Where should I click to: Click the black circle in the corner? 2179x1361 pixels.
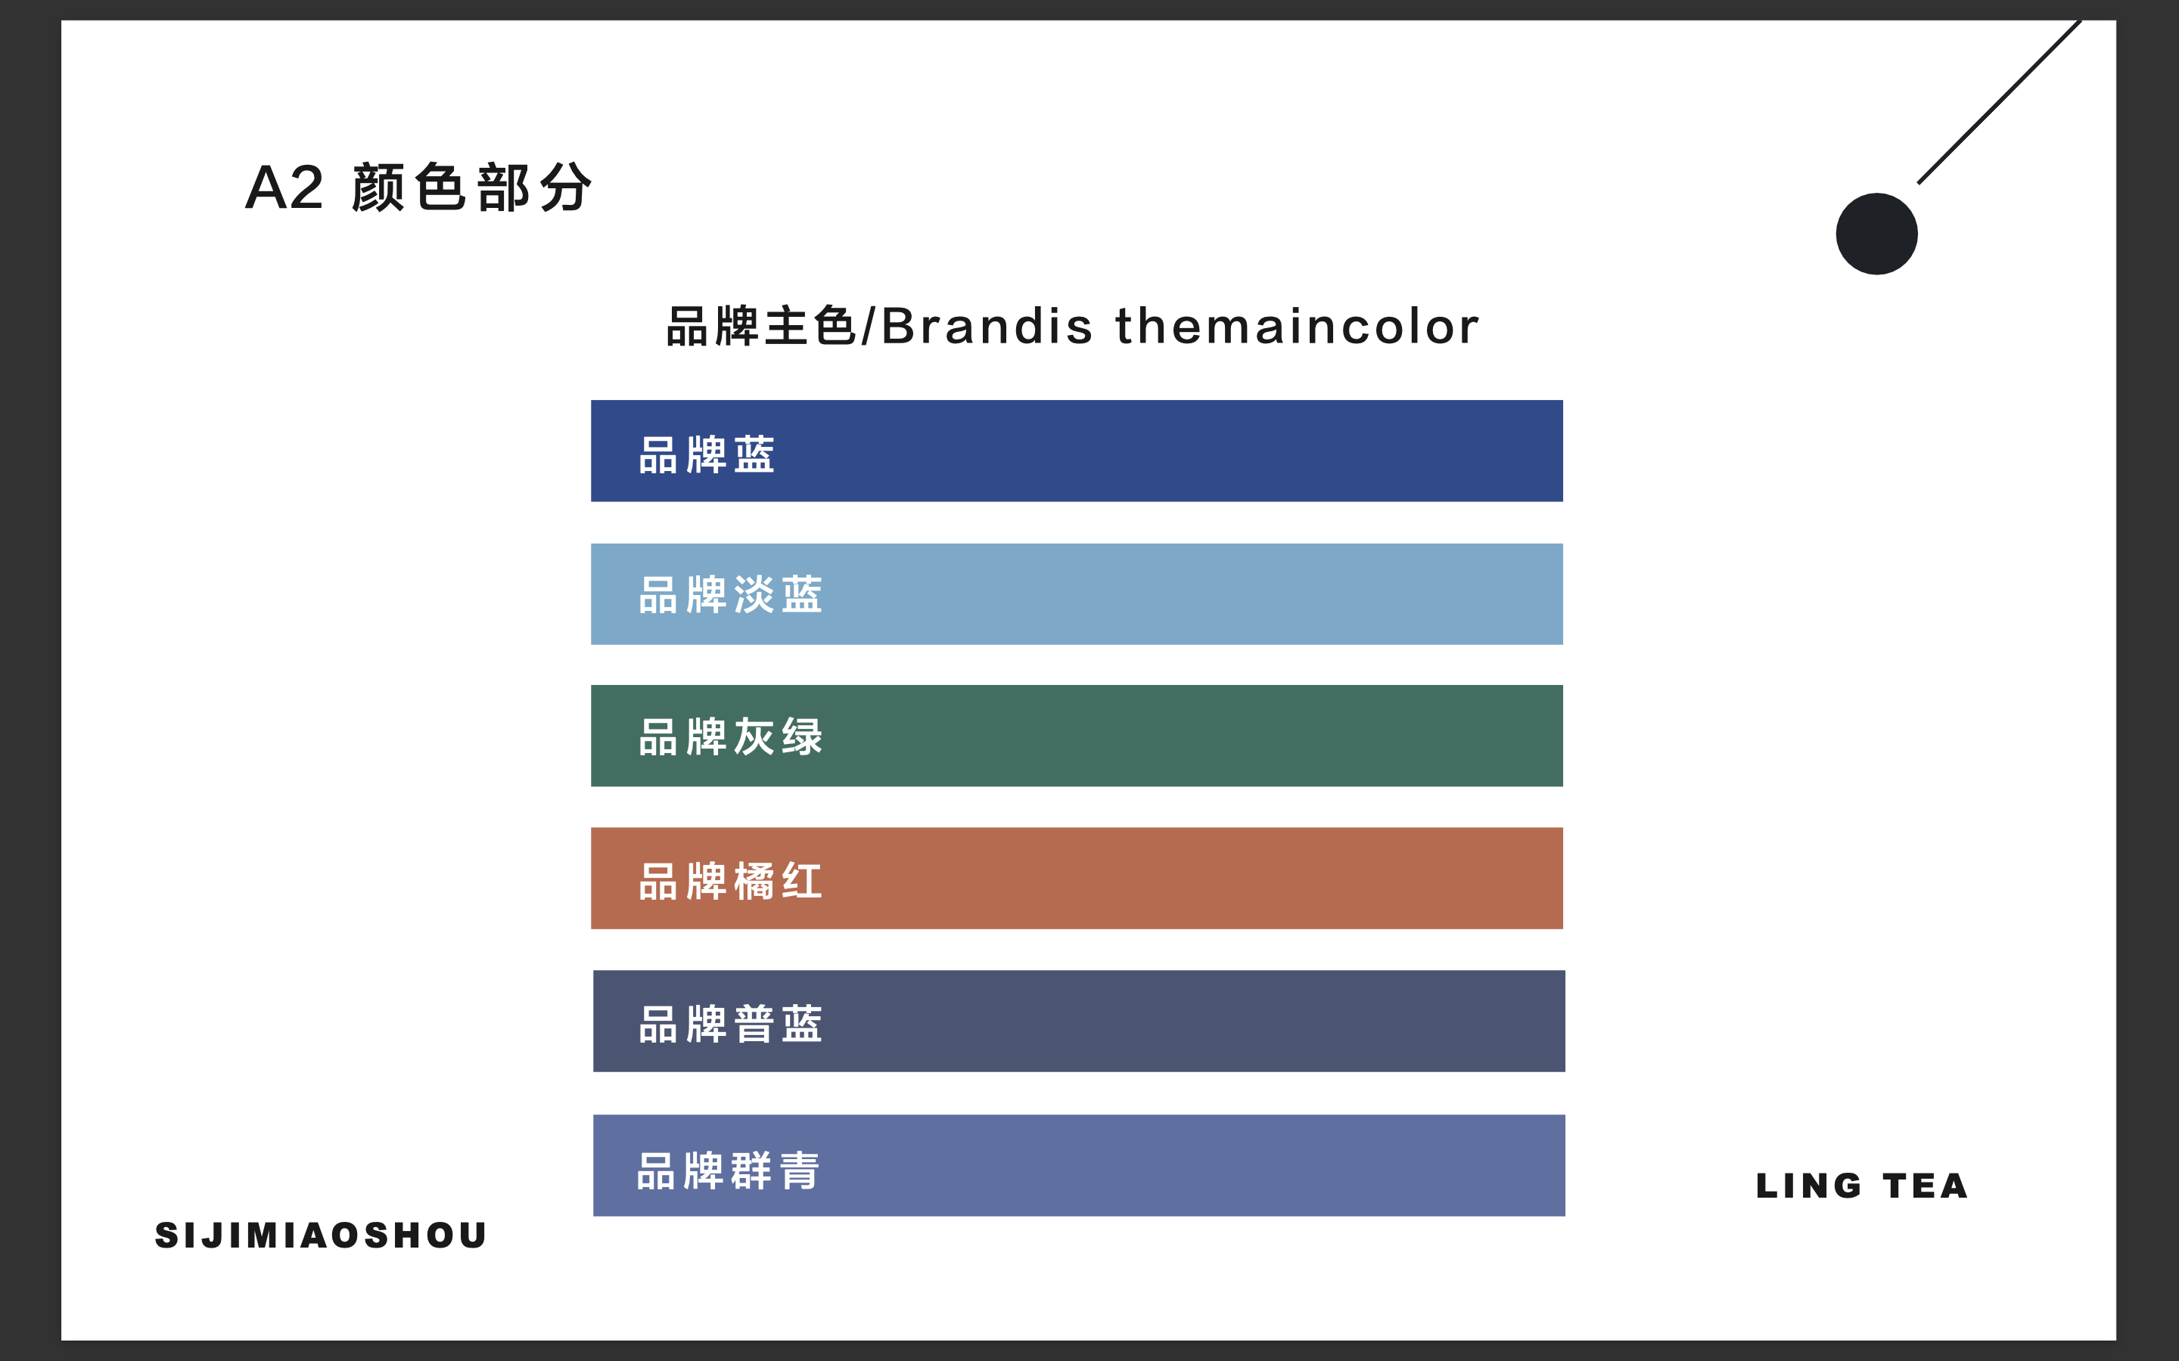pos(1876,234)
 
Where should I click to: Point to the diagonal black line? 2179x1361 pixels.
pos(2000,102)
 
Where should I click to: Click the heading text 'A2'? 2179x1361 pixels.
pos(284,188)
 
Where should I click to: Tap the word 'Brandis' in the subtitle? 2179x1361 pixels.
pos(987,326)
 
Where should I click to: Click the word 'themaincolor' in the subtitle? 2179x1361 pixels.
pos(1298,326)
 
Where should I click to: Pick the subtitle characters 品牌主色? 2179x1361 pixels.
pos(761,326)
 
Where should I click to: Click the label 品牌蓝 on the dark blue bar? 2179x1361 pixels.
pos(707,454)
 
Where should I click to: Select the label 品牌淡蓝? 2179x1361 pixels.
pos(730,595)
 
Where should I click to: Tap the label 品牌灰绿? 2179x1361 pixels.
pos(730,737)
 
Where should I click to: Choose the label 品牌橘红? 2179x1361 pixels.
pos(730,881)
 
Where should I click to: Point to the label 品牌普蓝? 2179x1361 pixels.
pos(730,1025)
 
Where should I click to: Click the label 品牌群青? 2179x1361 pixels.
pos(728,1171)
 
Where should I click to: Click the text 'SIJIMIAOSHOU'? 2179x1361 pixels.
pos(322,1235)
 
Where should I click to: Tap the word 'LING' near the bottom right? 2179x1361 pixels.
pos(1809,1186)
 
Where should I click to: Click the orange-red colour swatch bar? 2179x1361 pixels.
pos(1077,879)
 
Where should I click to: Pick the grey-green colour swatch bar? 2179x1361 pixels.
pos(1077,736)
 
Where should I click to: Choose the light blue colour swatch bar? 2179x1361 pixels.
pos(1077,594)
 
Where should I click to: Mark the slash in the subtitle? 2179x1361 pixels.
pos(868,326)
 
